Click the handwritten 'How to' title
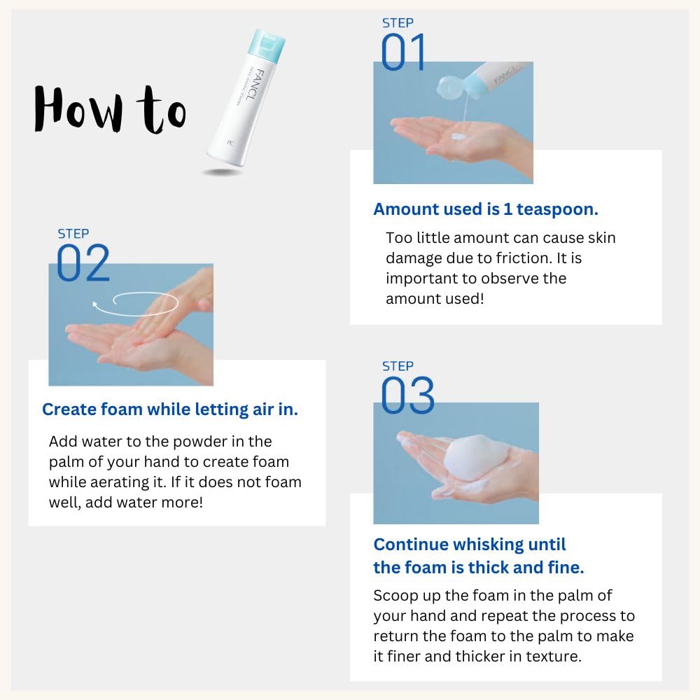[x=110, y=110]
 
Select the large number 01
[x=403, y=53]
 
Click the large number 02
[x=83, y=263]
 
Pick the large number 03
[x=407, y=395]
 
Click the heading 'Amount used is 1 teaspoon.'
[x=486, y=209]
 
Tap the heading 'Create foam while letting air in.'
[x=170, y=409]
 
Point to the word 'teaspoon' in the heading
[x=557, y=209]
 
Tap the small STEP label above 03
[x=397, y=366]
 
